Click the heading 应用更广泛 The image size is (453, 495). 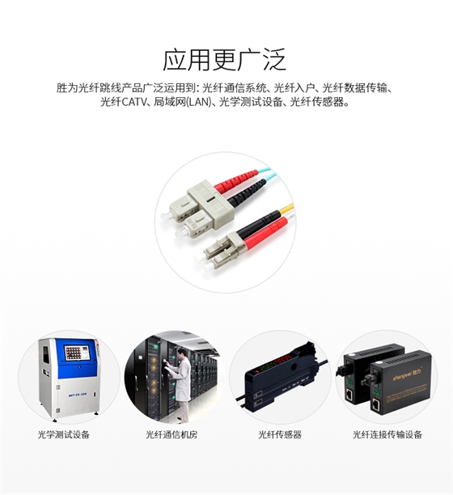(x=224, y=60)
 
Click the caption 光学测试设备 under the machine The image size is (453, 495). (x=63, y=434)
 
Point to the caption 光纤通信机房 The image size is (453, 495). (x=171, y=434)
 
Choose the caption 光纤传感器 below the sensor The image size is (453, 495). (x=280, y=434)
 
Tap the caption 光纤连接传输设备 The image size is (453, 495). (x=387, y=434)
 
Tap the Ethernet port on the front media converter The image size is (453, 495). (x=376, y=404)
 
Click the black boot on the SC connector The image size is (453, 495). (x=247, y=192)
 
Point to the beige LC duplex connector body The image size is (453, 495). (x=221, y=251)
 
